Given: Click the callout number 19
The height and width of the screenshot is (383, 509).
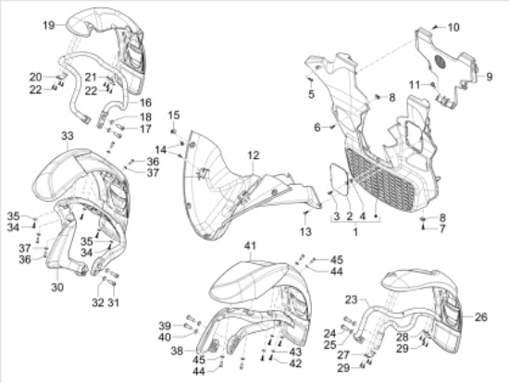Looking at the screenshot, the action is coord(49,25).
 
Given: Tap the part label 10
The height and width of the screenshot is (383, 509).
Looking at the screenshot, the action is coord(453,27).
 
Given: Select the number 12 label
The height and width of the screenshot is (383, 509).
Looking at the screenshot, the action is coord(254,155).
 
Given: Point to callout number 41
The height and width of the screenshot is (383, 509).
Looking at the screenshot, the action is coord(250,246).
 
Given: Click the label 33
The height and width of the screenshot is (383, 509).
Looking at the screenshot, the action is coord(68,136).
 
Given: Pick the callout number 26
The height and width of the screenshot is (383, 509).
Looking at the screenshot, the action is coord(480,316).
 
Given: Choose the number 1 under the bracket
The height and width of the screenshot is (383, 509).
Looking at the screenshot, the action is coord(355,232).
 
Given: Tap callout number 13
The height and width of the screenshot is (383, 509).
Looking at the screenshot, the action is coord(305,232).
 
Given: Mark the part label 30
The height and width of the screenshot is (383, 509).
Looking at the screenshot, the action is coord(57,287).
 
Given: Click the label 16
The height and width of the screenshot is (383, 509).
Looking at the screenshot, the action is coord(145,103).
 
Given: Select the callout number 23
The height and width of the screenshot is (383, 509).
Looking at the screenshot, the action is coord(351,300).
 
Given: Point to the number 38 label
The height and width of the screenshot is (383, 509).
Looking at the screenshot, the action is coord(177,351).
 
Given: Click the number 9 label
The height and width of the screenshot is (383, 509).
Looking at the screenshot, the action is coord(490,77).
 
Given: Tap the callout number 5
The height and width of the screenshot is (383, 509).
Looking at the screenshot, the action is coord(311,94).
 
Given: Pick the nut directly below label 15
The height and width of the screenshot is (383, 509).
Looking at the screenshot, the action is coord(174,131).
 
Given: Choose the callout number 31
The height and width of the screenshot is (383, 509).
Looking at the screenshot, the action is coord(113,303).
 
